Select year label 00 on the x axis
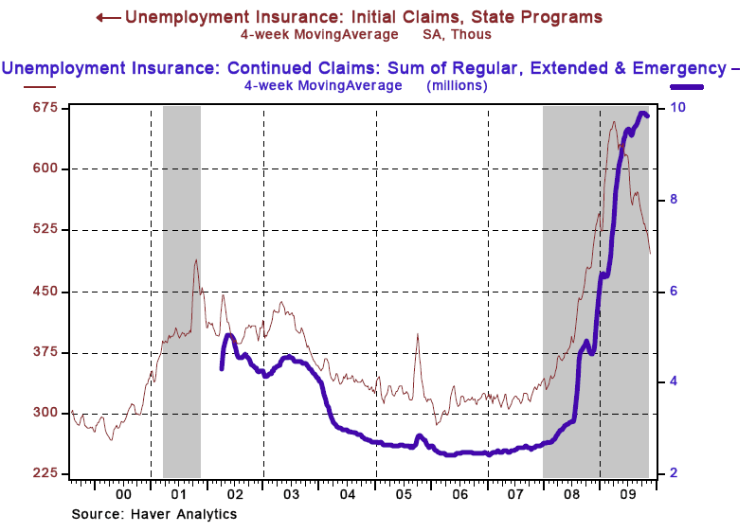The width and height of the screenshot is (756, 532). [x=123, y=493]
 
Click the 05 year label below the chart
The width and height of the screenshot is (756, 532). [x=404, y=493]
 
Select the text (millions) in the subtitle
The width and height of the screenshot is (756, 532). [x=457, y=85]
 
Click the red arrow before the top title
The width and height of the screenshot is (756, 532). [x=107, y=17]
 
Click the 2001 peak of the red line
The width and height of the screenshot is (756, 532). [x=196, y=259]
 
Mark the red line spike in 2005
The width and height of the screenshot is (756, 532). [x=418, y=334]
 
